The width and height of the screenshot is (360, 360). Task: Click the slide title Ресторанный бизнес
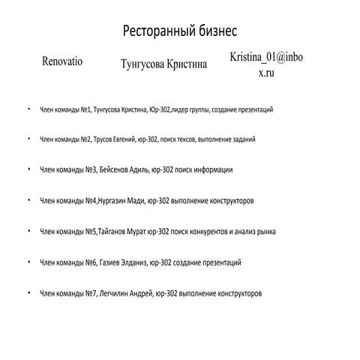tap(180, 31)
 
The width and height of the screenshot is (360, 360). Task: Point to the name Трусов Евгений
tap(121, 139)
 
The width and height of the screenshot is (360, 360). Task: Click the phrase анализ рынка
tap(256, 232)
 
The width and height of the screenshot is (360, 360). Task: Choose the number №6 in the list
tap(91, 262)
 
